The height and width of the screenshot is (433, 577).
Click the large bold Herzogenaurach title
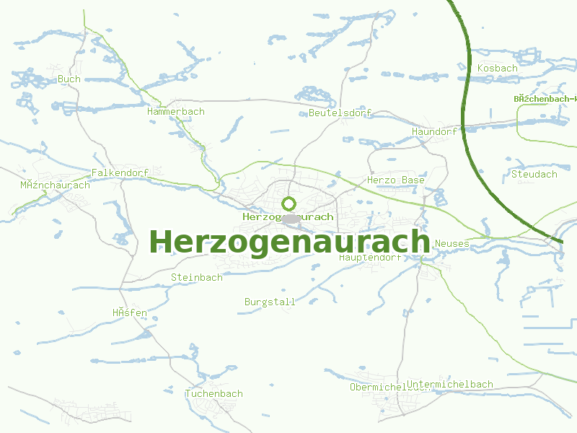click(x=289, y=242)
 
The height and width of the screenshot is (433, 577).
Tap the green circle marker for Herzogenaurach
click(x=289, y=204)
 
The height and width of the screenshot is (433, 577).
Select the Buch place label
click(x=69, y=79)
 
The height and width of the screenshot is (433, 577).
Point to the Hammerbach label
click(x=175, y=112)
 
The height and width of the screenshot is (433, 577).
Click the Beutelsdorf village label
click(x=340, y=113)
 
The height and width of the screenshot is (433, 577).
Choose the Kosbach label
click(x=498, y=68)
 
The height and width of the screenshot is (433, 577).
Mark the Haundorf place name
click(x=434, y=132)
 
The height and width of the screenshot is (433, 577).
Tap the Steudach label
click(x=534, y=174)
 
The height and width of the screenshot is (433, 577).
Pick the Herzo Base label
click(x=396, y=180)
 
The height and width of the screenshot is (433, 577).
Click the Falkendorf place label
click(x=120, y=173)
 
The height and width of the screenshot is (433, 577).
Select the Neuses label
click(x=452, y=244)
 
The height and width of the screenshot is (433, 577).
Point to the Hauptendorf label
click(x=369, y=257)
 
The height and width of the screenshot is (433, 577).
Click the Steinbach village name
click(x=196, y=277)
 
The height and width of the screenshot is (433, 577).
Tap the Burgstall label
click(x=270, y=302)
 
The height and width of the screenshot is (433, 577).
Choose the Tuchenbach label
click(x=213, y=394)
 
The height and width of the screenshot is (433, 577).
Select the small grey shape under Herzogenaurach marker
click(x=291, y=219)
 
